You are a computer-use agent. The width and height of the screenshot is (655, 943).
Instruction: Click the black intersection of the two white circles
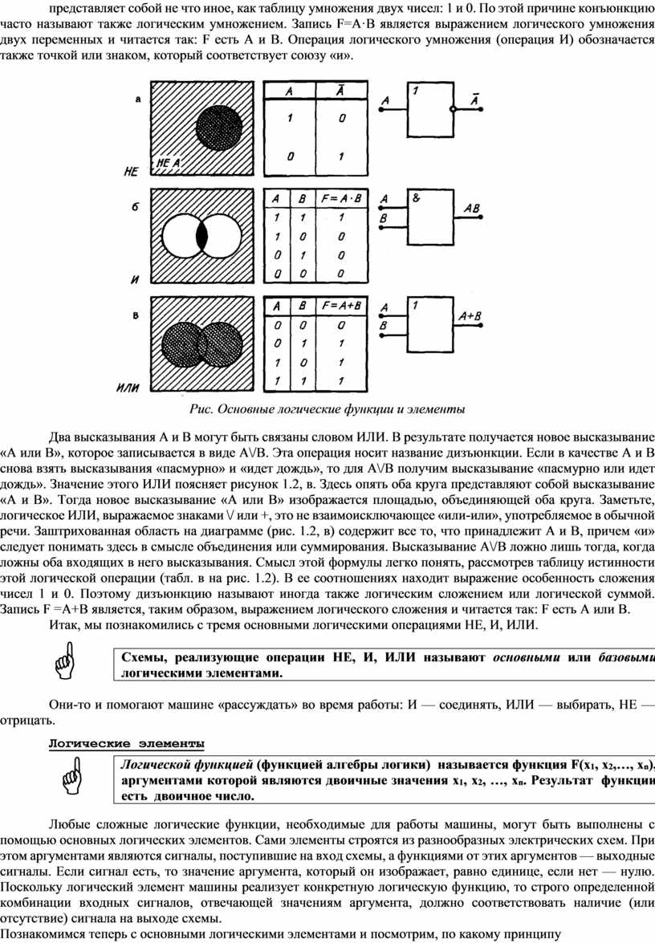pyautogui.click(x=202, y=237)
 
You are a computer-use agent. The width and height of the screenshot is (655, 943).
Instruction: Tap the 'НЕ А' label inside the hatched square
pyautogui.click(x=169, y=162)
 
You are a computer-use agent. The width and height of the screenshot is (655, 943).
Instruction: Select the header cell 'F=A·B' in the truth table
pyautogui.click(x=340, y=198)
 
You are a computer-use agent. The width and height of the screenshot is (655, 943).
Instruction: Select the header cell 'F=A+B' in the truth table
pyautogui.click(x=340, y=307)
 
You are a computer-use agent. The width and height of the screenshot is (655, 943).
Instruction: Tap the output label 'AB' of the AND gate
pyautogui.click(x=471, y=209)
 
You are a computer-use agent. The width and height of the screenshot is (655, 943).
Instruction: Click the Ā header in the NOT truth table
pyautogui.click(x=340, y=91)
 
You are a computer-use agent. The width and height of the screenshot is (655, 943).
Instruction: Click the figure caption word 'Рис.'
pyautogui.click(x=199, y=409)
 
